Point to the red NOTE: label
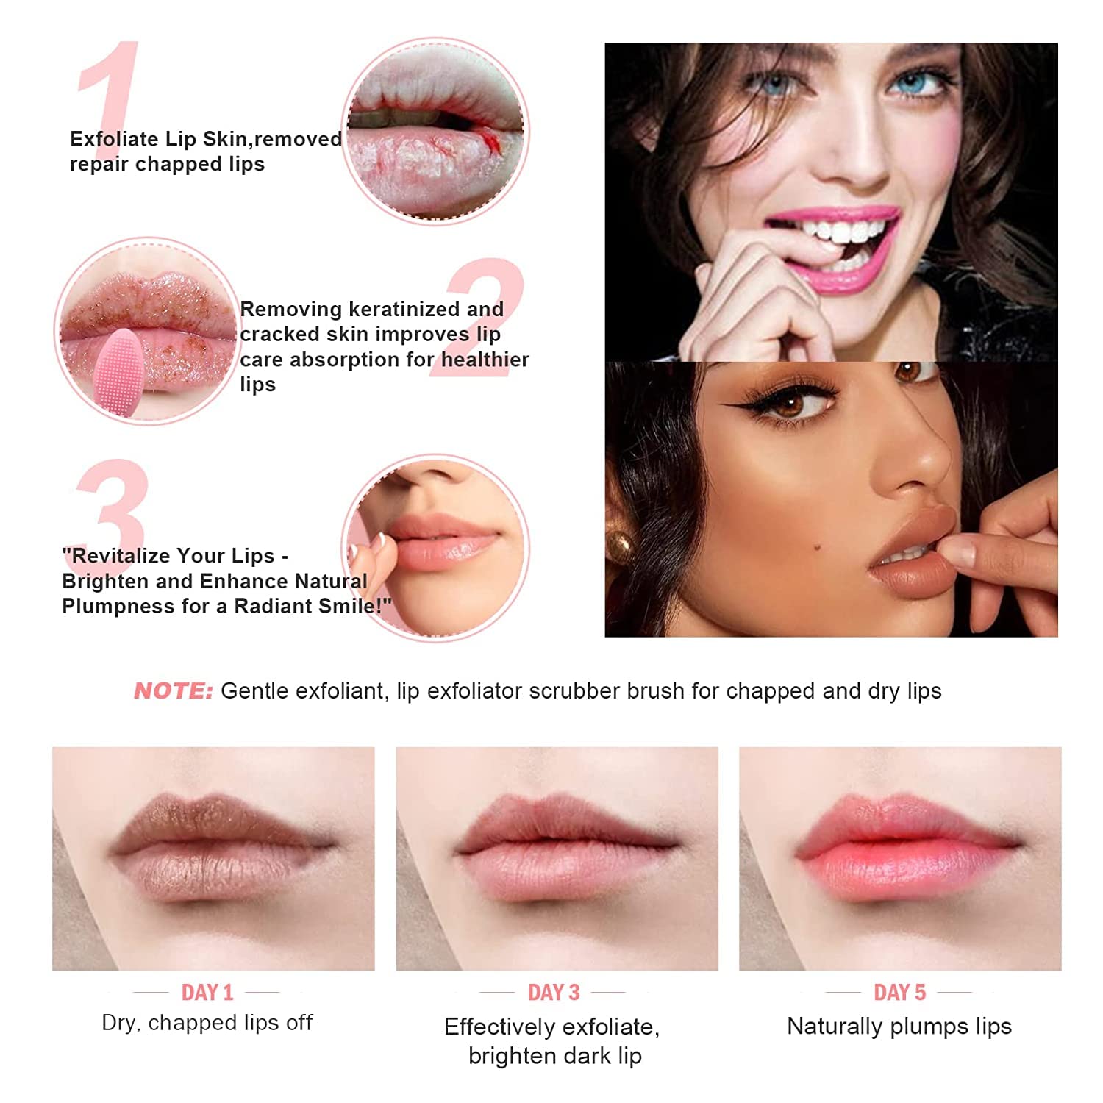coord(173,691)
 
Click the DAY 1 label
coord(207,993)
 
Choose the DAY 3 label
coord(554,993)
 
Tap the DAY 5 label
coord(899,993)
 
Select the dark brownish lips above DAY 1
coord(221,846)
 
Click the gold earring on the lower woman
coord(620,548)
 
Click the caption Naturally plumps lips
coord(899,1026)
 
